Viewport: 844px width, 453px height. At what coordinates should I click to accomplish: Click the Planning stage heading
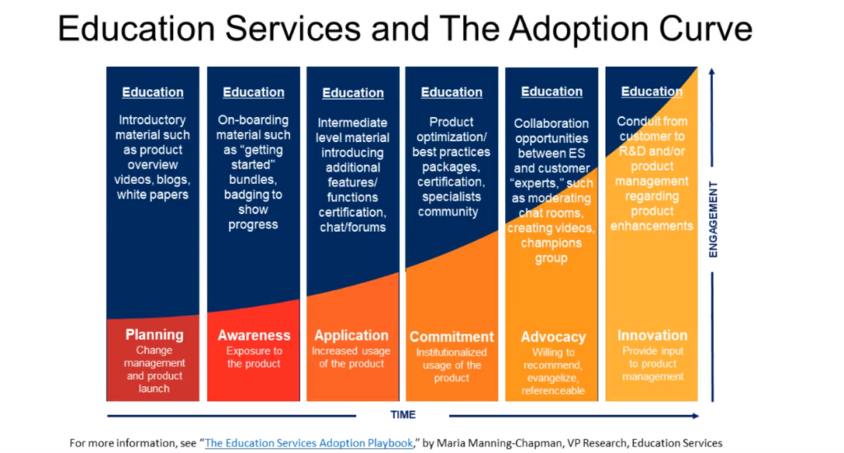[x=154, y=334]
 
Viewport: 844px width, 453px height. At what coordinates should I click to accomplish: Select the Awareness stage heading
[x=254, y=335]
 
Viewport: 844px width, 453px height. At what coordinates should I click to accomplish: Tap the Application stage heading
[x=351, y=335]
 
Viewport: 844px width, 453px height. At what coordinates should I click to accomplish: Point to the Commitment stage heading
[x=452, y=337]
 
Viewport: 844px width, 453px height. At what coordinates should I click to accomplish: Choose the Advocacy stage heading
[x=553, y=337]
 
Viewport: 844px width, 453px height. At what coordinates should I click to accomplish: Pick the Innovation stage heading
[x=652, y=335]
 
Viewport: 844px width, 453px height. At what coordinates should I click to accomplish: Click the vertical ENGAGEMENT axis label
[x=714, y=220]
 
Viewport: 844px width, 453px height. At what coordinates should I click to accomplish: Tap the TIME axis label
[x=403, y=414]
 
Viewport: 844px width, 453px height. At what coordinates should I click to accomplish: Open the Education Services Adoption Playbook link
[x=308, y=443]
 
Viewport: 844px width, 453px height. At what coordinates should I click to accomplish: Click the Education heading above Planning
[x=152, y=92]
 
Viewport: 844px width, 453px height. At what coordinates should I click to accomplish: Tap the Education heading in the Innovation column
[x=651, y=92]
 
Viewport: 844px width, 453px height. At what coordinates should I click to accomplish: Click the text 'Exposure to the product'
[x=254, y=357]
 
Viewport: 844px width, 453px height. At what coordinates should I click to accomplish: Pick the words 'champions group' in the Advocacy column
[x=551, y=251]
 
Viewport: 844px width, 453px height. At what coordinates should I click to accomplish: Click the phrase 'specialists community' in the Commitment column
[x=449, y=205]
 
